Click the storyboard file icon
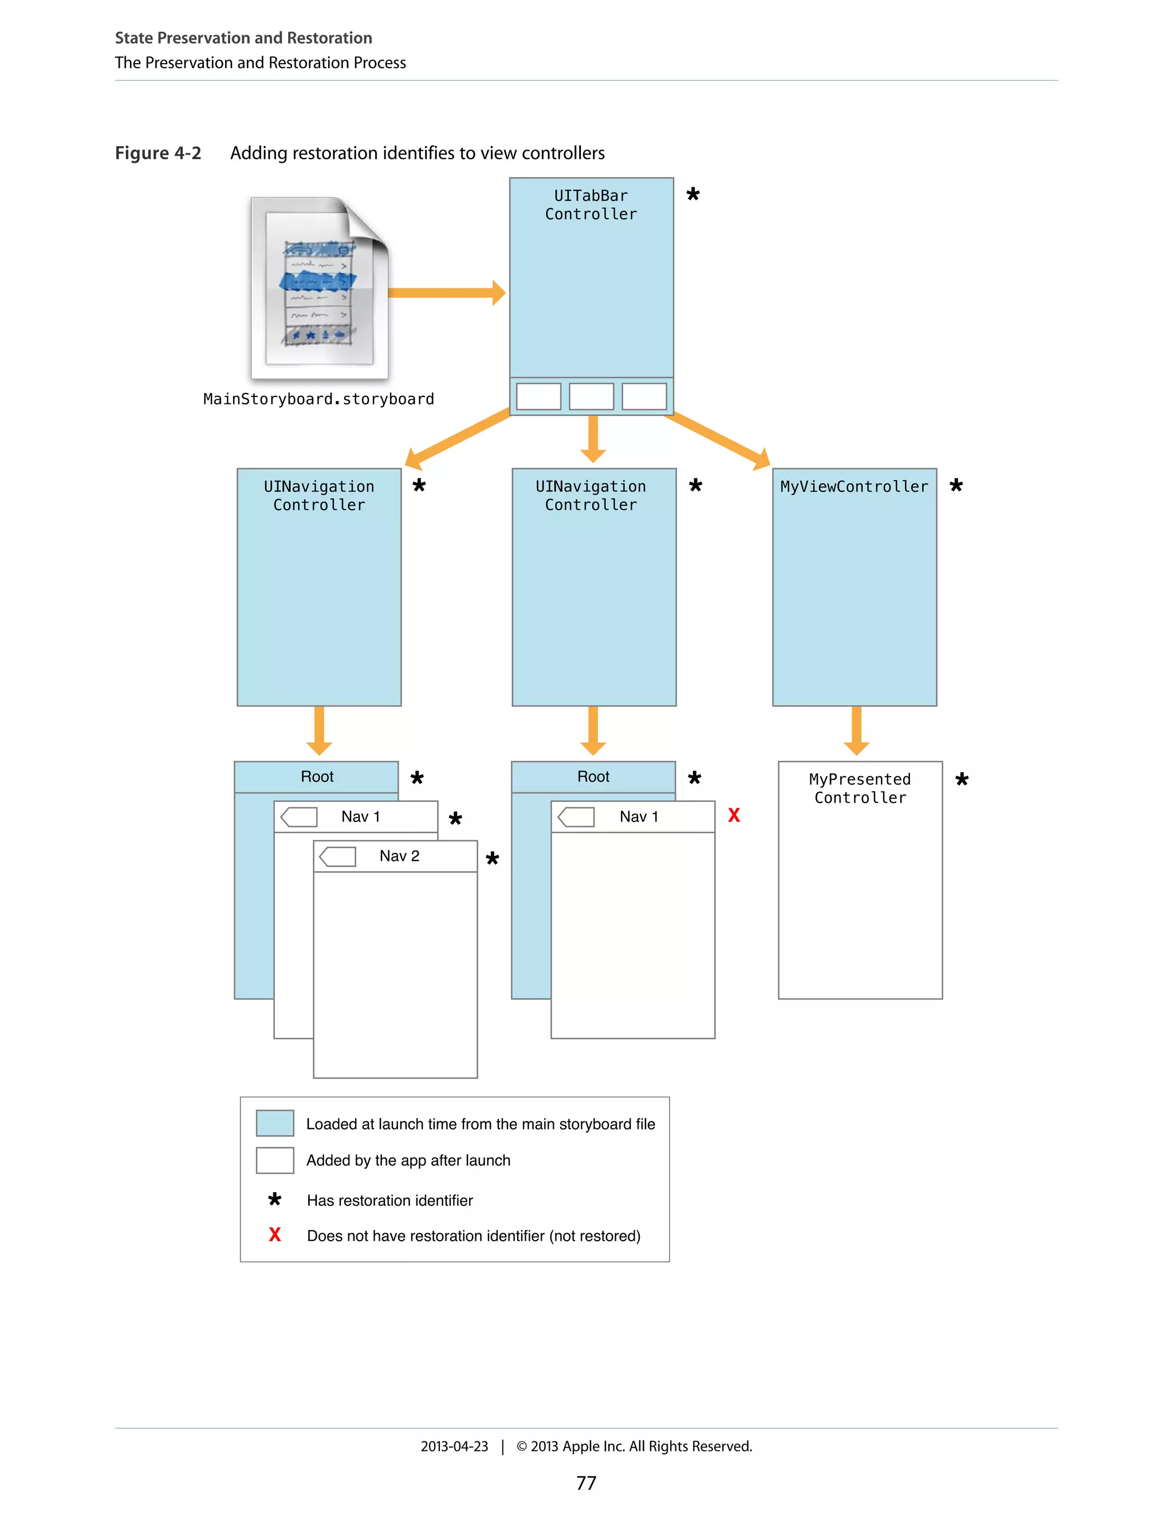click(319, 289)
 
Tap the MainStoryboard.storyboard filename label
click(318, 399)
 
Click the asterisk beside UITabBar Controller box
click(693, 194)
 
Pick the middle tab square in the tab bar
click(591, 396)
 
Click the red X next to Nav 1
click(734, 815)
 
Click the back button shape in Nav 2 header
click(338, 856)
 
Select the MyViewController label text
click(854, 486)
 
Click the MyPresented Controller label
click(860, 788)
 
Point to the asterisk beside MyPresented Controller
click(962, 779)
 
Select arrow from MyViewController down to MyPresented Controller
click(856, 730)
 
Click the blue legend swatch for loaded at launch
click(274, 1123)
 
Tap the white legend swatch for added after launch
click(274, 1160)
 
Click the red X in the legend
click(274, 1235)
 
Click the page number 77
click(586, 1483)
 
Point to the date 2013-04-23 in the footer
click(454, 1446)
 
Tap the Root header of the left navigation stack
click(317, 776)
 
